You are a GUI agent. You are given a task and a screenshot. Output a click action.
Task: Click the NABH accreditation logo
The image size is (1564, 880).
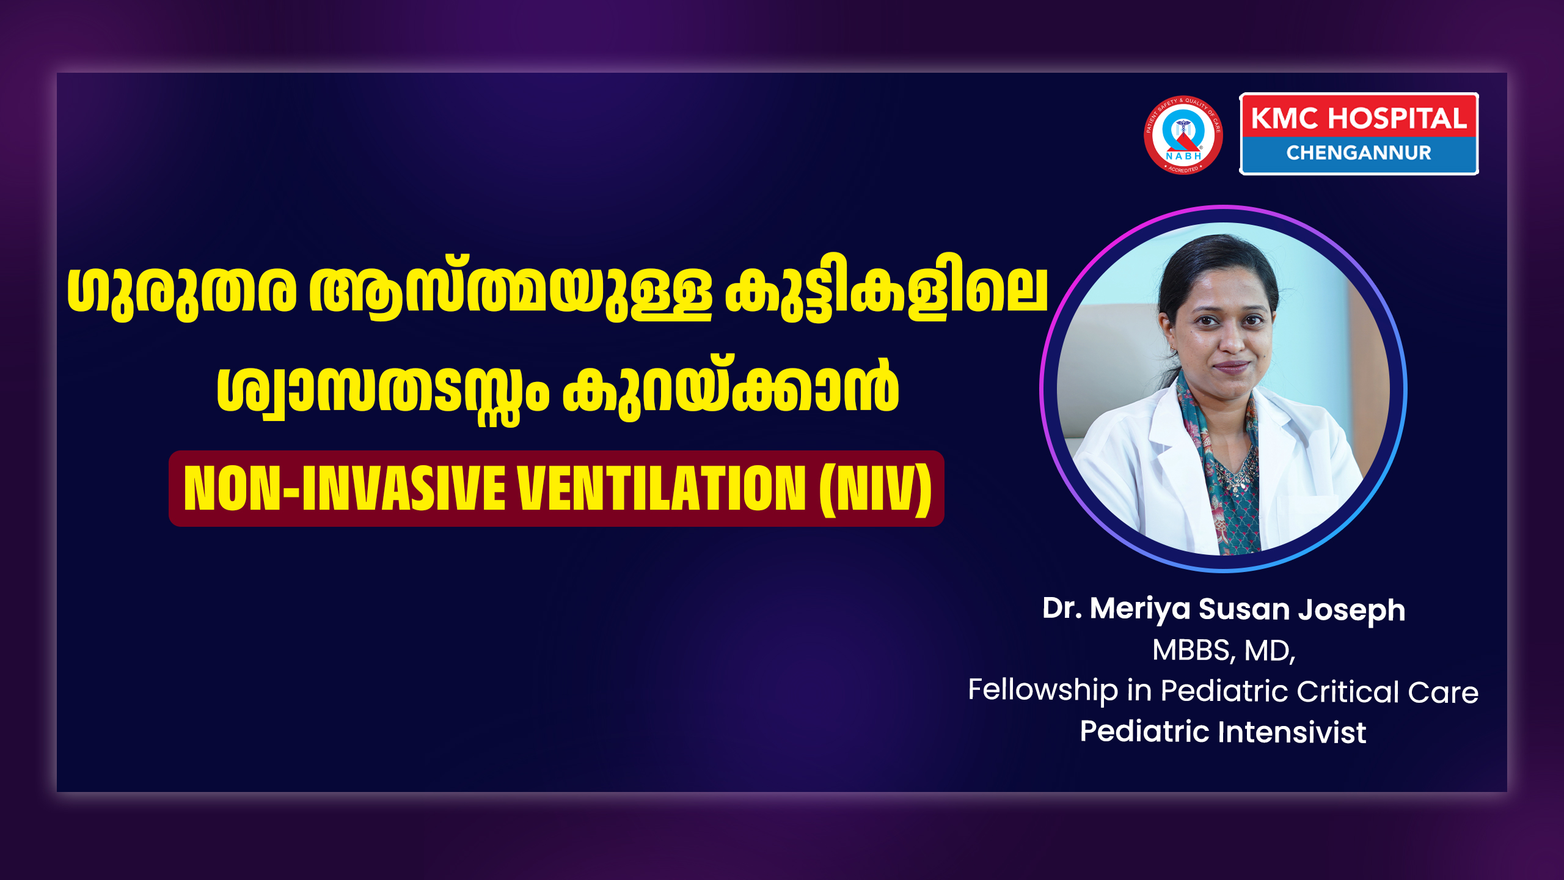(x=1183, y=135)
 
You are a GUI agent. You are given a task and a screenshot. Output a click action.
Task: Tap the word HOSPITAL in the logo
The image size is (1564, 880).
(x=1397, y=118)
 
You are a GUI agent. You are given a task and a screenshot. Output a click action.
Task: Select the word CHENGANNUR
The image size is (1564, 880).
(x=1359, y=153)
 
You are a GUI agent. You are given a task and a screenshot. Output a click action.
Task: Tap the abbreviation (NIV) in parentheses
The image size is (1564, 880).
(x=875, y=489)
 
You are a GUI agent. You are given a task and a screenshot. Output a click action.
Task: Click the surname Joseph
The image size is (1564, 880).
(x=1351, y=610)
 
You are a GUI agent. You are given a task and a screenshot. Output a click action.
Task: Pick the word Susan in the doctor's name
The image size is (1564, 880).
(x=1244, y=609)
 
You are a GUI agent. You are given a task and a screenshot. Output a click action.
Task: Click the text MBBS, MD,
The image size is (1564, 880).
(x=1224, y=650)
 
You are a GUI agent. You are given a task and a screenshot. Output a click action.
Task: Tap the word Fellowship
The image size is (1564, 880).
(x=1043, y=691)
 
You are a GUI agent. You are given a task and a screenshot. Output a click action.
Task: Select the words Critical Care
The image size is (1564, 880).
(x=1387, y=692)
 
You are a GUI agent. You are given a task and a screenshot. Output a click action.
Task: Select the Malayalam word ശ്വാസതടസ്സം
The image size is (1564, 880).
(x=383, y=391)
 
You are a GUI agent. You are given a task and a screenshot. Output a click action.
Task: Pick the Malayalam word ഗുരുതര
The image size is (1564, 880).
(x=181, y=290)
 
